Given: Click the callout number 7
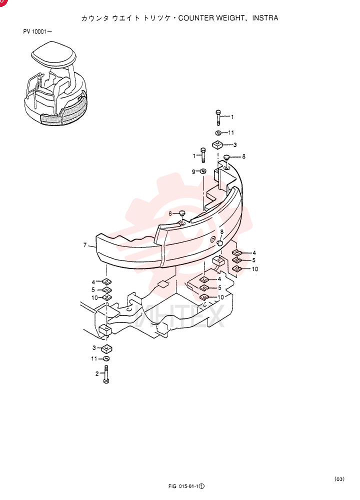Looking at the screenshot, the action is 85,245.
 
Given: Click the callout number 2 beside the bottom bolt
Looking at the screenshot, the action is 97,373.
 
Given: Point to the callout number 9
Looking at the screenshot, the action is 193,172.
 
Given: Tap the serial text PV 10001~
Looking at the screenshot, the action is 37,31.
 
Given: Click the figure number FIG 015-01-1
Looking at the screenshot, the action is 186,486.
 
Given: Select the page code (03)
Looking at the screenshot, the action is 339,479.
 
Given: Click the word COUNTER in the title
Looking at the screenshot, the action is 196,18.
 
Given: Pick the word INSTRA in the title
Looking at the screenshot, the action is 265,18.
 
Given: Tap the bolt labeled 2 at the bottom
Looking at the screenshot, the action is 106,373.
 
